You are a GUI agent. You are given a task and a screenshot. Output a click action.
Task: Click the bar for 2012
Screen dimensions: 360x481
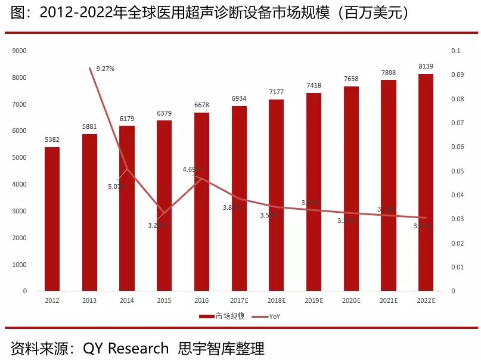tap(52, 219)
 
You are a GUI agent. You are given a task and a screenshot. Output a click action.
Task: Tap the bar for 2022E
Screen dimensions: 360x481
tap(426, 182)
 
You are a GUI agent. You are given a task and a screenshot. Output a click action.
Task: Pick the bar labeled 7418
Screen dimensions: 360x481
tap(314, 192)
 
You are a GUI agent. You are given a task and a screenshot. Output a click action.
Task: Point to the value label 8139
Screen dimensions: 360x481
tap(426, 66)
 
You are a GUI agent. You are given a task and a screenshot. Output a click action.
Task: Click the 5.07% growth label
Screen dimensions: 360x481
tap(116, 187)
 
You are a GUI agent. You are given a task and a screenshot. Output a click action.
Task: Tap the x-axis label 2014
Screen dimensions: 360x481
tap(127, 301)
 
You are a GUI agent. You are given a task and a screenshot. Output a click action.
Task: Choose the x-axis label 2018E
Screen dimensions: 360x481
tap(276, 301)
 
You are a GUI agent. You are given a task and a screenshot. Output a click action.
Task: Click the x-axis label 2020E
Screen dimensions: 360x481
tap(351, 301)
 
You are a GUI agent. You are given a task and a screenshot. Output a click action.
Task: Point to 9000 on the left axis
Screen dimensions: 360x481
tap(20, 51)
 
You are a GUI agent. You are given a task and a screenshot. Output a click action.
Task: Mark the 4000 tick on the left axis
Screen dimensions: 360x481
tap(20, 185)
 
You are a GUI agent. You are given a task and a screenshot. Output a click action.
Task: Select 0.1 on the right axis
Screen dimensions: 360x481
tap(456, 51)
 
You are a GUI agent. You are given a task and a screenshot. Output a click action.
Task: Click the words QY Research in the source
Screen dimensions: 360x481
tap(126, 347)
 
